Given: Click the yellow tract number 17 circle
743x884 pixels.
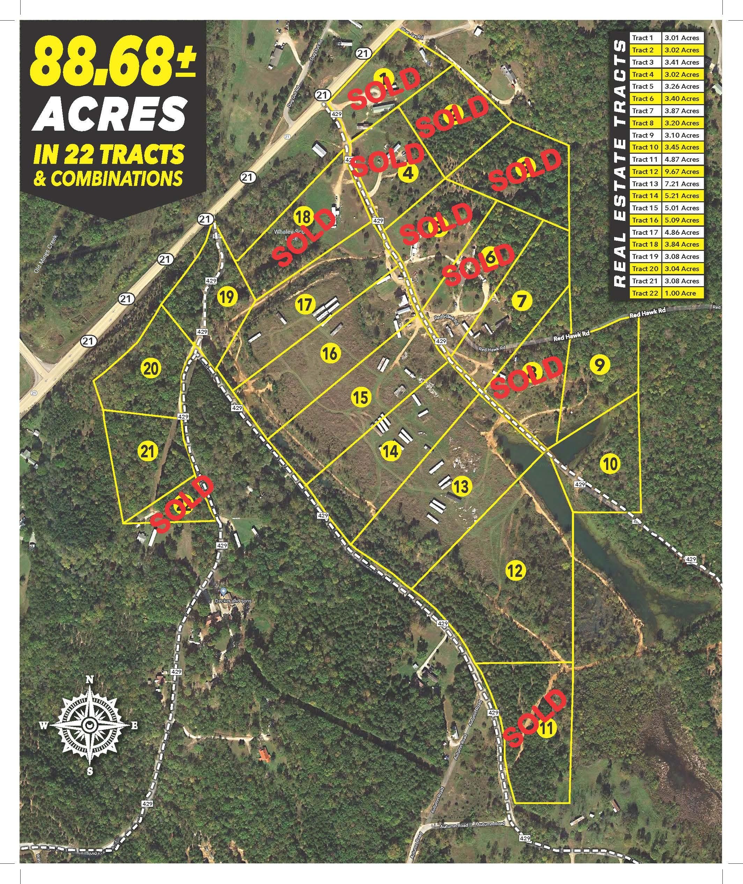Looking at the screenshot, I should (x=305, y=304).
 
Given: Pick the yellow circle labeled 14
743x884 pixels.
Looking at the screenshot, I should (x=390, y=451).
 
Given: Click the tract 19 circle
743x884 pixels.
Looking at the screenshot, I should (x=227, y=297).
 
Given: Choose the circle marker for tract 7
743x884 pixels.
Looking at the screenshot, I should (x=521, y=301).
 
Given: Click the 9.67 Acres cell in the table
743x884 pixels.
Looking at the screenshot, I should (x=681, y=172).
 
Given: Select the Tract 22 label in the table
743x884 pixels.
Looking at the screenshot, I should (x=645, y=293).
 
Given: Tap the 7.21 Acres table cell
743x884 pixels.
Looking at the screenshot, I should (x=681, y=184).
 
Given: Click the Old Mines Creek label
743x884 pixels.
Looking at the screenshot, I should (x=46, y=253).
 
